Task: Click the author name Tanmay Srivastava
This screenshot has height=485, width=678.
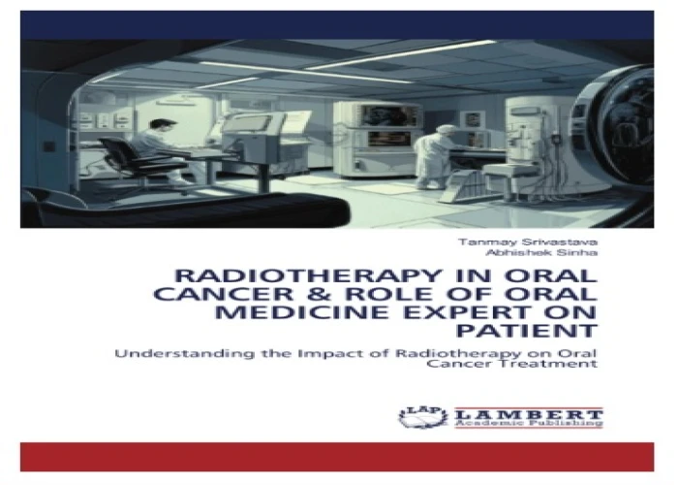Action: coord(528,242)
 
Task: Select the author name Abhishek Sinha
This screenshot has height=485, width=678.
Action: coord(541,253)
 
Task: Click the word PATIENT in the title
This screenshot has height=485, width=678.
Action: coord(527,332)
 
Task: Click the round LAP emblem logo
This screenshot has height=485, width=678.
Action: coord(423,417)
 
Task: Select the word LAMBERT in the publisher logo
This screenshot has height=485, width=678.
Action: coord(529,413)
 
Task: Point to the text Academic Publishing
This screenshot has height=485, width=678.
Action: coord(529,424)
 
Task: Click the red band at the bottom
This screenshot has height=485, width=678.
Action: coord(337,457)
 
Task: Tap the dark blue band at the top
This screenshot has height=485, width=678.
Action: coord(337,25)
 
